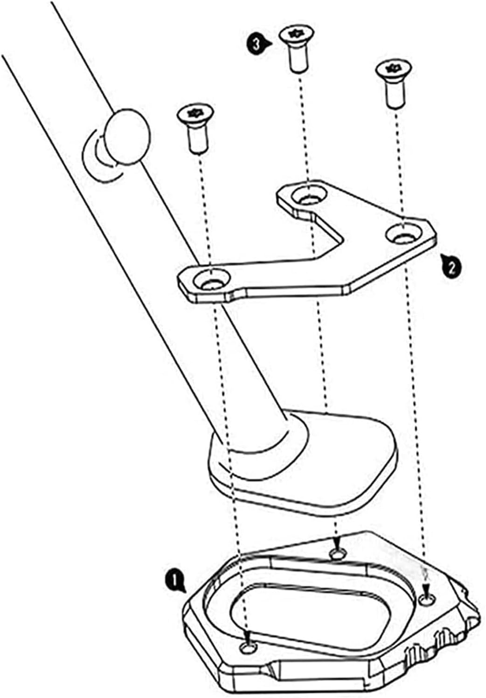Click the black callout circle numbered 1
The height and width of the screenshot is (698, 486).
173,581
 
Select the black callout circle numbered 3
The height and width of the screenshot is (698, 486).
256,44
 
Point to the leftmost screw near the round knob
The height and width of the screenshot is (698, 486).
196,126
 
